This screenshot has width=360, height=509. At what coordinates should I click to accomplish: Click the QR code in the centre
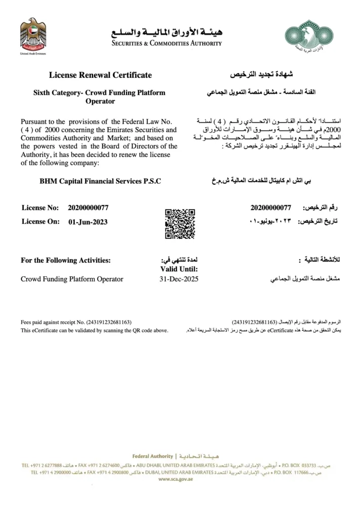coord(180,223)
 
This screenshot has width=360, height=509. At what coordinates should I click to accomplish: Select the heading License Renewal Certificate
coord(100,75)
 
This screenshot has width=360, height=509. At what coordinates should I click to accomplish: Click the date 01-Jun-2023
coord(88,222)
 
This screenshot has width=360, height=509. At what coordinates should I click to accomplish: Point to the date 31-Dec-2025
coord(179,279)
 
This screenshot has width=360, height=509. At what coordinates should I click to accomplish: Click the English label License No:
coord(40,208)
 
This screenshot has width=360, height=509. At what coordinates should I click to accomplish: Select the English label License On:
coord(40,222)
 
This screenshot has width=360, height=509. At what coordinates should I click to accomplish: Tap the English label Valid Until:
coord(179,269)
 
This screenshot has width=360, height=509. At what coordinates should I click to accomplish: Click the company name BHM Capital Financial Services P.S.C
coord(100,181)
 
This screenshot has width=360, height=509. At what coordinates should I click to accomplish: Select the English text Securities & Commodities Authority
coord(167,44)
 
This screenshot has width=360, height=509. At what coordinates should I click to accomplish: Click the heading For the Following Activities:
coord(66,261)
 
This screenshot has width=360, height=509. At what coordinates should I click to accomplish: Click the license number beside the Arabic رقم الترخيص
coord(271,208)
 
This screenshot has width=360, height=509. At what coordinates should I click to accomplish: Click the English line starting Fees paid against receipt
coord(76,322)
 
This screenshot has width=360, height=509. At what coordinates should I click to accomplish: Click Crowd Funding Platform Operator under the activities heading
coord(72,279)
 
